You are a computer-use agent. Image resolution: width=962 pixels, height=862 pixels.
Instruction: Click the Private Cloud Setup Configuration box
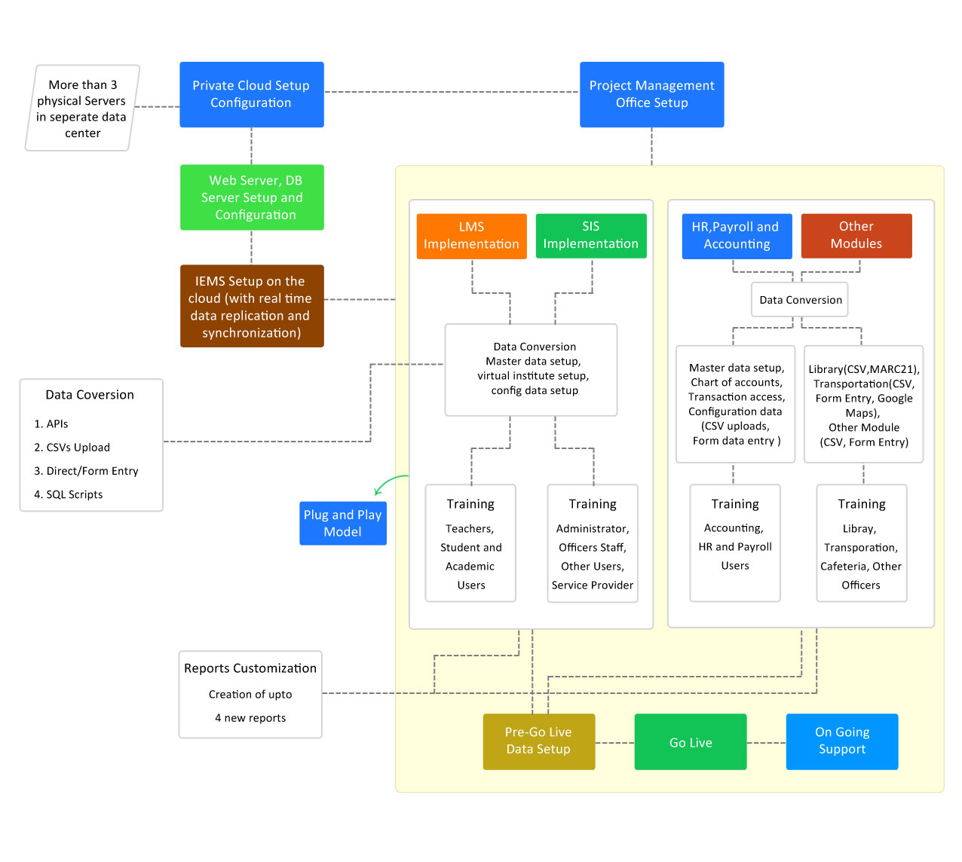251,94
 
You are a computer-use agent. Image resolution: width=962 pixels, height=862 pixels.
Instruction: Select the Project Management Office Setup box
651,94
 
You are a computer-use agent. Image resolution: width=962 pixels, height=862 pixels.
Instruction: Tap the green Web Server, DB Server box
252,197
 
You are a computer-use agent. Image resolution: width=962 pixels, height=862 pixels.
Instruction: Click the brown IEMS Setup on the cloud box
252,306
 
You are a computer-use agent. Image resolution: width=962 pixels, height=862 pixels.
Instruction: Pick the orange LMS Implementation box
471,236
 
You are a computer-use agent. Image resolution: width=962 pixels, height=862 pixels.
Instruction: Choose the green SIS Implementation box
591,236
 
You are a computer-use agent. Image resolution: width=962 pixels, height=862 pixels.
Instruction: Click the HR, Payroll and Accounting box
737,236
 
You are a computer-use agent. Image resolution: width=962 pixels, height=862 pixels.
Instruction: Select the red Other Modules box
856,236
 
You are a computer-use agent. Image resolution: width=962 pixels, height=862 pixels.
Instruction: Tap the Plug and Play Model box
343,523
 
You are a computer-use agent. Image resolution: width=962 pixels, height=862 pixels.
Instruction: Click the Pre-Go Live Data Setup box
538,741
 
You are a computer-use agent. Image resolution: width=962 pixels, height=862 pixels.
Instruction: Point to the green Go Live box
691,742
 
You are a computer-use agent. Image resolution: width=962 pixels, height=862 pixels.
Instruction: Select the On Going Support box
841,741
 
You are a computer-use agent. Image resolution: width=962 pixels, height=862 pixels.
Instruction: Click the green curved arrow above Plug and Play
388,482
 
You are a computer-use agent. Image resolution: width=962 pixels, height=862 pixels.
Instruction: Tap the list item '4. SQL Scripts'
69,494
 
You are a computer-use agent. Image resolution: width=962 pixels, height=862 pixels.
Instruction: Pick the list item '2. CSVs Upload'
72,448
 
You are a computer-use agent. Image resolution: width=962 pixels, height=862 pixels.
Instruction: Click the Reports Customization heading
250,668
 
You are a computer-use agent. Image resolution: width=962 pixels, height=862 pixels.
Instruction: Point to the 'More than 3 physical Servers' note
82,109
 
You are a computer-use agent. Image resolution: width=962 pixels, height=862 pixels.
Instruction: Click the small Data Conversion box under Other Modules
800,300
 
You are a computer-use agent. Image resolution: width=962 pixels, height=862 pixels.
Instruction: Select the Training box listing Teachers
470,543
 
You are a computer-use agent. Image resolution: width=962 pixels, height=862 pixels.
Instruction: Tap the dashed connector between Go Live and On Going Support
766,742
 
